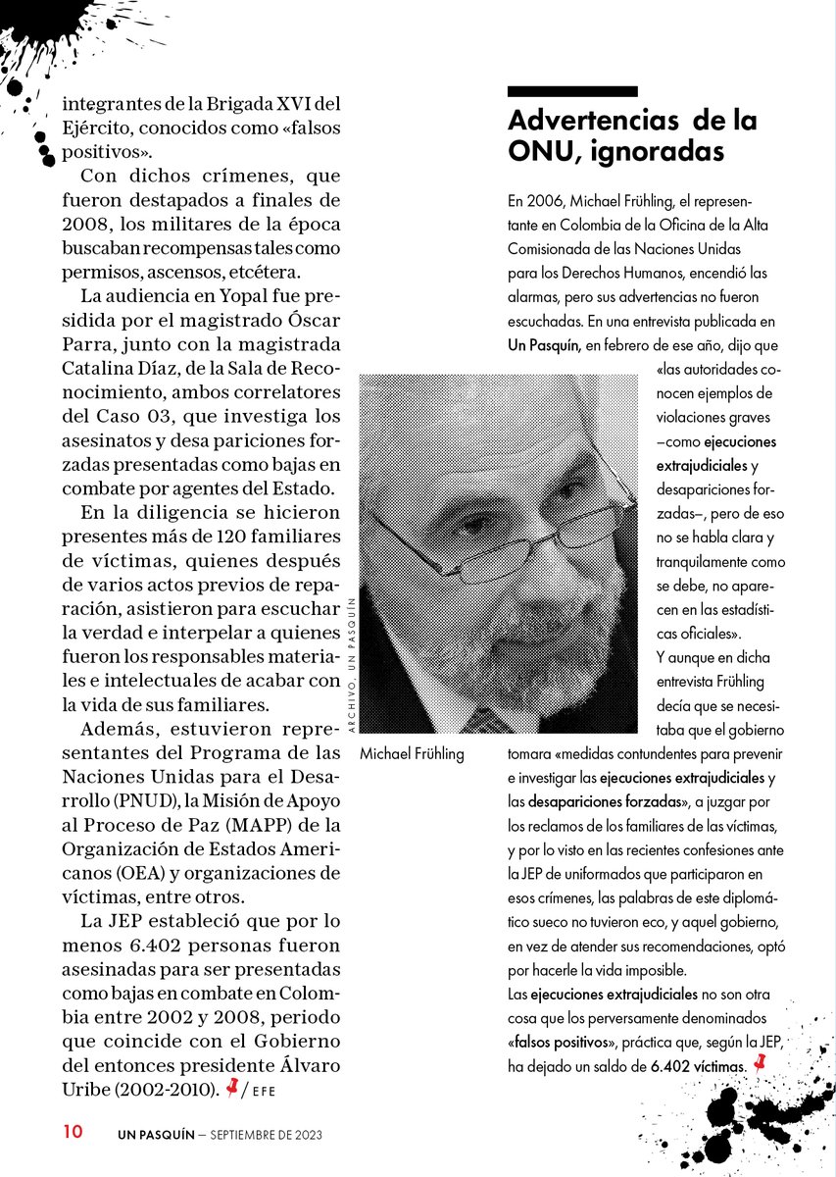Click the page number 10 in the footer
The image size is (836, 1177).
[x=73, y=1131]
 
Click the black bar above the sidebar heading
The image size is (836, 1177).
[x=572, y=91]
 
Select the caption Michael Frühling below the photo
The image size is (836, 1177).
[x=412, y=754]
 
